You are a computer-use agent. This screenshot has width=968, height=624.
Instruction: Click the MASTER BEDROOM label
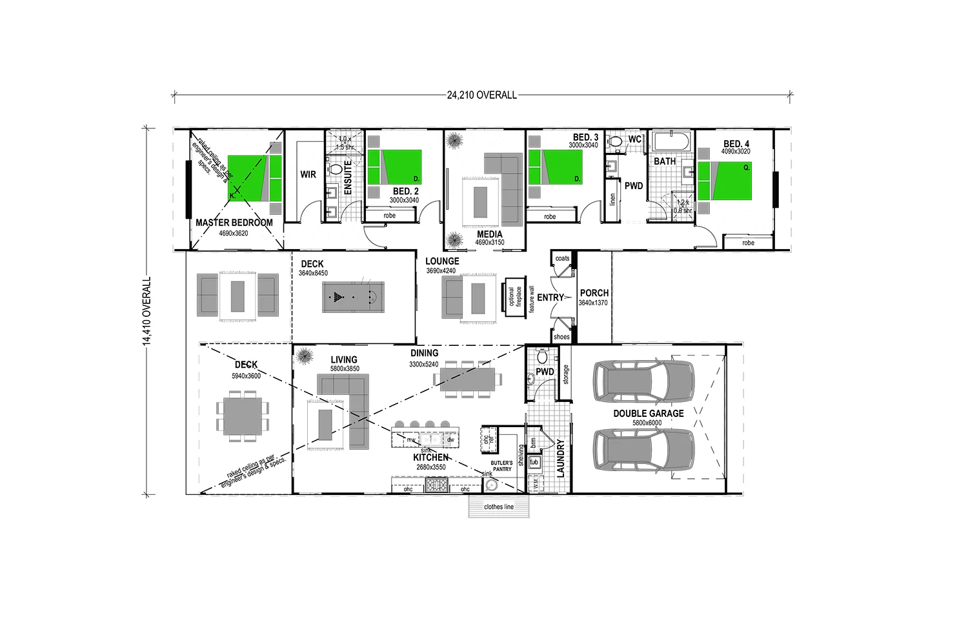tap(234, 223)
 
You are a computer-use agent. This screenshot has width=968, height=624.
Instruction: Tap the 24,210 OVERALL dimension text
tap(481, 96)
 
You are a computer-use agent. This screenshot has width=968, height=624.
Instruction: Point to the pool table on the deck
tap(353, 297)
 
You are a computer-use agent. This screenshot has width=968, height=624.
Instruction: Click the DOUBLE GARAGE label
tap(648, 414)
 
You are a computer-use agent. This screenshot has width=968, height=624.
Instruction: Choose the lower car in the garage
tap(643, 453)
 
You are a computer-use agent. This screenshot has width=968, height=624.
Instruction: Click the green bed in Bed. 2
tap(394, 168)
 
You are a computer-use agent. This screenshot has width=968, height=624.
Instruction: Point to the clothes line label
tap(499, 507)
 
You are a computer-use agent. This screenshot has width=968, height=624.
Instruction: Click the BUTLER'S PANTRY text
tap(501, 466)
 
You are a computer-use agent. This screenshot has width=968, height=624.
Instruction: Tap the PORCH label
tap(594, 293)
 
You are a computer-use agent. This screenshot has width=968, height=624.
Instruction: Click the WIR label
tap(308, 174)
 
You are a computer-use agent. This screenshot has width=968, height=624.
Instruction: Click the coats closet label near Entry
tap(562, 259)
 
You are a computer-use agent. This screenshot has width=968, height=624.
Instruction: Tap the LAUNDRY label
tap(560, 459)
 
